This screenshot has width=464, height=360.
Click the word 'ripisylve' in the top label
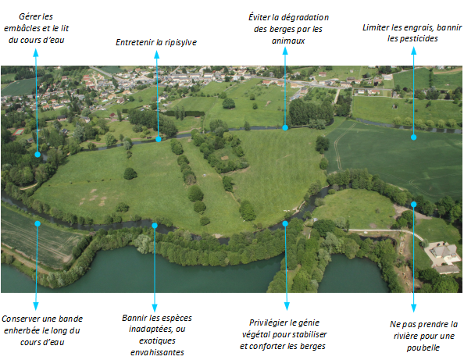coord(180,43)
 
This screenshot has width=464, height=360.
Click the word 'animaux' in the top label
coord(288,41)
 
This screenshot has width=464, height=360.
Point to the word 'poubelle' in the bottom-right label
coord(423,348)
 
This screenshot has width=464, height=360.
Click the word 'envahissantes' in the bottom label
coord(157,352)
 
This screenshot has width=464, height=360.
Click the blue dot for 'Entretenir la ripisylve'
coord(159,139)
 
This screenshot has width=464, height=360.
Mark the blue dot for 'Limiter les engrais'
coord(414,137)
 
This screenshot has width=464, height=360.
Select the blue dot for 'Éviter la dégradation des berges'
coord(285,127)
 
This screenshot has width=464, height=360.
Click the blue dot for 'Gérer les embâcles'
coord(37,154)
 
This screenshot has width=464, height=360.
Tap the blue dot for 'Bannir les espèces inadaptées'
coord(155,226)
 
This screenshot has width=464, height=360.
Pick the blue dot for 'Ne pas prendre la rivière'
coord(414,204)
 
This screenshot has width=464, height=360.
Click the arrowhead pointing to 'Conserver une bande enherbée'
coord(36,306)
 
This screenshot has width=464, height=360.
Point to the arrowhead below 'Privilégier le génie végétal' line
coord(287,306)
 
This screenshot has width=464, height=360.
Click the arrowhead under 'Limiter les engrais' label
coord(414,51)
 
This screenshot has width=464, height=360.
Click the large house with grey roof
coord(444,251)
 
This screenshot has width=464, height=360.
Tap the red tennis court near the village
coord(18,131)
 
